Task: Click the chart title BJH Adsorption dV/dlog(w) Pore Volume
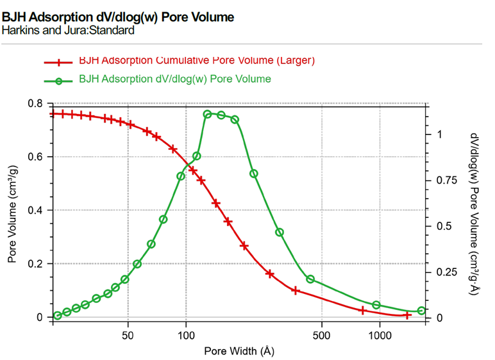coord(117,17)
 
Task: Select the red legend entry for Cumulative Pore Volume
coord(197,61)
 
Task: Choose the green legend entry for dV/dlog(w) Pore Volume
coord(174,79)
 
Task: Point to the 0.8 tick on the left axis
coord(37,104)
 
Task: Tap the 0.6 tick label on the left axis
coord(37,157)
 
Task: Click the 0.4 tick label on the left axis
coord(37,210)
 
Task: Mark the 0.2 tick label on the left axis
coord(37,264)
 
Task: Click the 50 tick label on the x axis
coord(128,334)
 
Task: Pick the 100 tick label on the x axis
coord(186,334)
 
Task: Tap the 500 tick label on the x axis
coord(321,334)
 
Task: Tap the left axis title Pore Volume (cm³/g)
coord(12,210)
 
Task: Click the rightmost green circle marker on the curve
coord(421,311)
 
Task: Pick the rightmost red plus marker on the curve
coord(407,315)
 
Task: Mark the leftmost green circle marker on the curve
coord(58,315)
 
